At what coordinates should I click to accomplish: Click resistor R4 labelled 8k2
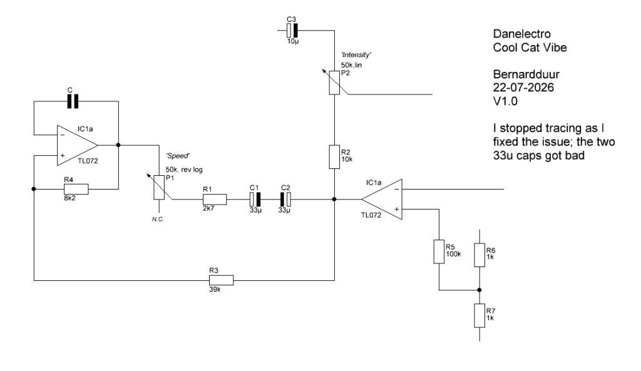76,189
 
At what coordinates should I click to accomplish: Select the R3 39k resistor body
221,280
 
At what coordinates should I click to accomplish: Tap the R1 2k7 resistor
215,200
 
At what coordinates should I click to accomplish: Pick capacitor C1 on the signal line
255,200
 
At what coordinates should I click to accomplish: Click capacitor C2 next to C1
285,200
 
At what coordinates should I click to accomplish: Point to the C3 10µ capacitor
292,30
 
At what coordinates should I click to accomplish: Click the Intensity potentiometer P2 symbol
334,83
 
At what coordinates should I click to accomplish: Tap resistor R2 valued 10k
334,156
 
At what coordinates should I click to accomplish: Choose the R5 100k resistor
439,252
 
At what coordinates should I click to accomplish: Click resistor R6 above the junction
479,255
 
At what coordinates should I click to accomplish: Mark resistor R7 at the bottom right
479,315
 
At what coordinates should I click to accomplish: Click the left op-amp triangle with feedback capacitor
77,145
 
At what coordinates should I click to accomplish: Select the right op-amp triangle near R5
381,200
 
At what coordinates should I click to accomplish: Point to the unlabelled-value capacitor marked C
73,101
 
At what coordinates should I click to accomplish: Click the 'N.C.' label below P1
158,220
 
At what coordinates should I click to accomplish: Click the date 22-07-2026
523,88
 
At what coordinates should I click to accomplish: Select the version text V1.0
505,101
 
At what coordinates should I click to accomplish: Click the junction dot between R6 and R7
479,290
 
